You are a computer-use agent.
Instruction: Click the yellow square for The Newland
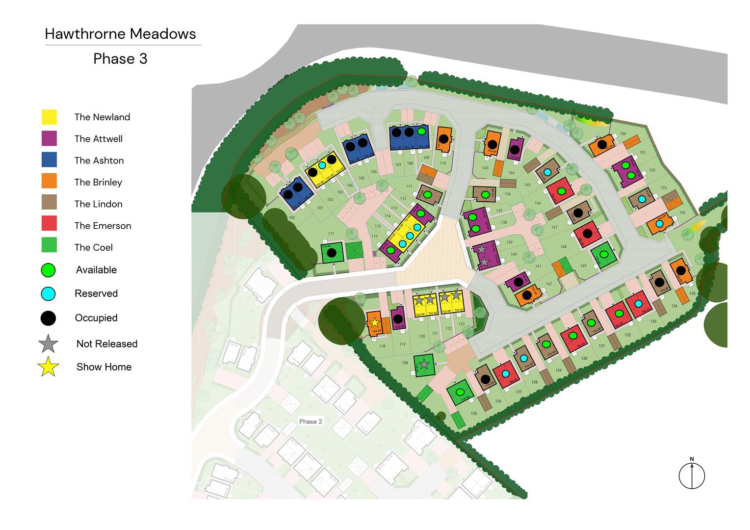pyautogui.click(x=49, y=117)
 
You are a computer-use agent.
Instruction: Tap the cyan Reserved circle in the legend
pyautogui.click(x=49, y=293)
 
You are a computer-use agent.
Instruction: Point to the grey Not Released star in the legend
pyautogui.click(x=49, y=344)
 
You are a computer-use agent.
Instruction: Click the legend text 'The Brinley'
pyautogui.click(x=98, y=182)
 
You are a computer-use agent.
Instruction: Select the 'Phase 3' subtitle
pyautogui.click(x=120, y=59)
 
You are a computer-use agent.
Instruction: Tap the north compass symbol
pyautogui.click(x=692, y=475)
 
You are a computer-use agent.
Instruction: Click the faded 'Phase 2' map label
pyautogui.click(x=310, y=422)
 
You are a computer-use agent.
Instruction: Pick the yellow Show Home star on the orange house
pyautogui.click(x=375, y=322)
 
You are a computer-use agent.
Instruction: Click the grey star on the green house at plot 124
pyautogui.click(x=424, y=364)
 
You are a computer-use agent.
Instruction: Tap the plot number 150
pyautogui.click(x=622, y=133)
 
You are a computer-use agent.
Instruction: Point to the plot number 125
pyautogui.click(x=474, y=414)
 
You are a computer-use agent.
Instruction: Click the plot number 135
pyautogui.click(x=692, y=293)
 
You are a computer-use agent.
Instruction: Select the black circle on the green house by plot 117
pyautogui.click(x=332, y=253)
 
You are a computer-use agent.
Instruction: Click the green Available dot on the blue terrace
pyautogui.click(x=421, y=132)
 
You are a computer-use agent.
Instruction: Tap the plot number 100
pyautogui.click(x=292, y=217)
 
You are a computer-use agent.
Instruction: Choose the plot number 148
pyautogui.click(x=563, y=246)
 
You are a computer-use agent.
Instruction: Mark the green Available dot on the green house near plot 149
pyautogui.click(x=603, y=254)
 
